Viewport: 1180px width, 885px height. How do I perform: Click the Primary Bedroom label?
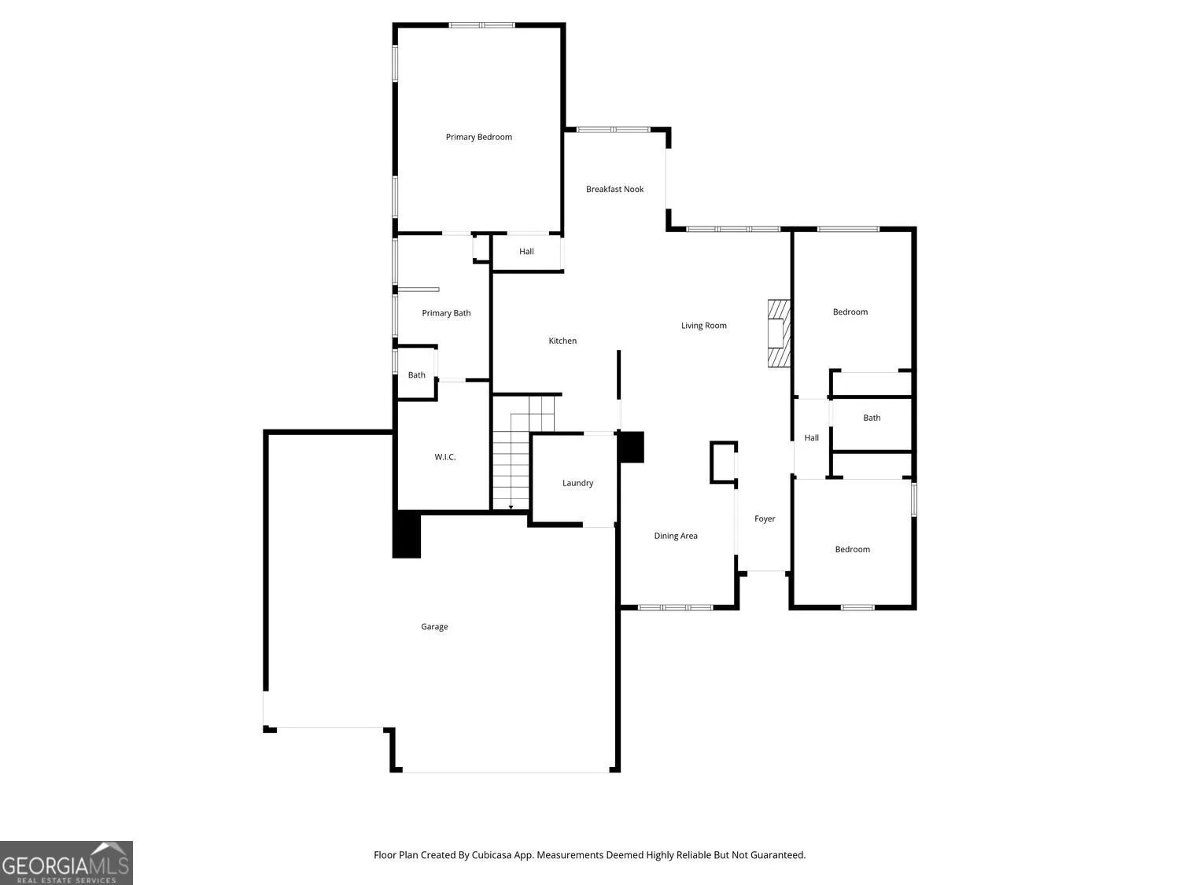tap(478, 137)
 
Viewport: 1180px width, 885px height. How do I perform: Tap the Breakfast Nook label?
tap(614, 189)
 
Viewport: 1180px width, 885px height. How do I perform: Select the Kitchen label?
tap(562, 341)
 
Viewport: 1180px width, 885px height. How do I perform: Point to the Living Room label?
tap(704, 326)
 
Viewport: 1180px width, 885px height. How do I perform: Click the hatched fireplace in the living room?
tap(779, 333)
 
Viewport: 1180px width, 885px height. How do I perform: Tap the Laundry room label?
tap(578, 483)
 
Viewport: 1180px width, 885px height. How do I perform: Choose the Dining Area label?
tap(676, 536)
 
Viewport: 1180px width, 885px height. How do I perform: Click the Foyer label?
tap(765, 518)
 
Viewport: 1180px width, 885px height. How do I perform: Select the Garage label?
tap(434, 626)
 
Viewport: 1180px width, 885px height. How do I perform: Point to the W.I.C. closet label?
tap(445, 457)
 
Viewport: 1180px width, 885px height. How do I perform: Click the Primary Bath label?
tap(446, 313)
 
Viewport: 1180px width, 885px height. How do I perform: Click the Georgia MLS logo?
tap(66, 862)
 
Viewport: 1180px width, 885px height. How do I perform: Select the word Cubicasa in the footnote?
tap(492, 855)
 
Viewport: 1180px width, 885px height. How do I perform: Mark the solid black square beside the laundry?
tap(631, 447)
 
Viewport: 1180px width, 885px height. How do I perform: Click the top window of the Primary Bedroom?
tap(481, 25)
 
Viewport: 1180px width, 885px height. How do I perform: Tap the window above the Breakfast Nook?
tap(614, 130)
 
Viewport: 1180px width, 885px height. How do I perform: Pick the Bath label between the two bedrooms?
tap(872, 418)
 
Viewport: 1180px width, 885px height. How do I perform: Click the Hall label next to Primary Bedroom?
tap(526, 252)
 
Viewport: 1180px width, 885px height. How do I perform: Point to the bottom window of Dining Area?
tap(675, 608)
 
